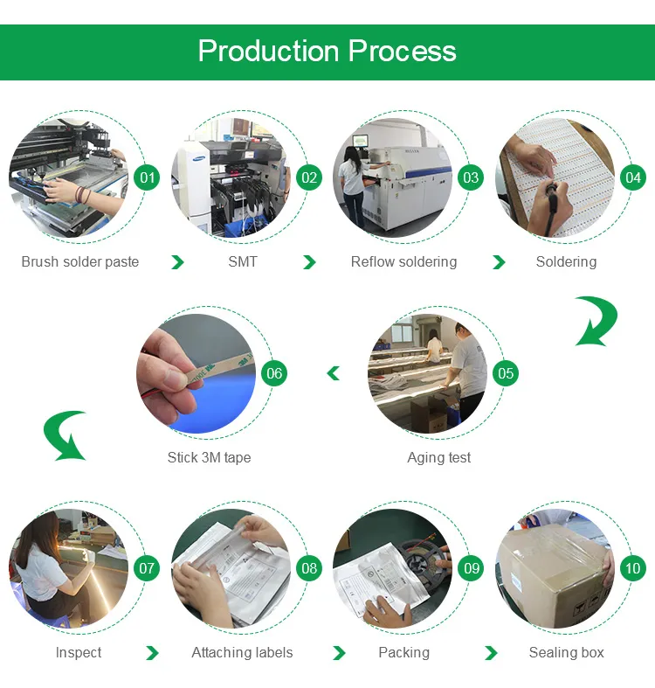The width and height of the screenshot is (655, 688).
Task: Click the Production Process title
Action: click(x=327, y=51)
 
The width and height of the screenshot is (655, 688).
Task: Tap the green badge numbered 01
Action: click(x=148, y=178)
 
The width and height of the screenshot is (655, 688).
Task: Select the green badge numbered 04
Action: click(x=632, y=178)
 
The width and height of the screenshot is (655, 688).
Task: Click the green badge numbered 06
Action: click(x=274, y=373)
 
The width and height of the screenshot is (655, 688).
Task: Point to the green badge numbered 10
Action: click(x=632, y=568)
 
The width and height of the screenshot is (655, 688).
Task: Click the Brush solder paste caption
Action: click(x=80, y=262)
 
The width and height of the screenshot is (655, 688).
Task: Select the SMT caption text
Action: click(x=243, y=262)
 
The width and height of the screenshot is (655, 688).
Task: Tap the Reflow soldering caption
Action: click(x=403, y=262)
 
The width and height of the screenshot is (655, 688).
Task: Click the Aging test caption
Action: click(x=438, y=457)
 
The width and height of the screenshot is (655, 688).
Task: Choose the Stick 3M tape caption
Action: click(x=209, y=457)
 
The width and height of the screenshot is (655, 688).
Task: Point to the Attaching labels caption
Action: click(x=242, y=652)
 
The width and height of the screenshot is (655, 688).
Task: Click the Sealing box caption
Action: click(x=566, y=652)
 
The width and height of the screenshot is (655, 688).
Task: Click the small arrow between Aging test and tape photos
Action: click(x=333, y=374)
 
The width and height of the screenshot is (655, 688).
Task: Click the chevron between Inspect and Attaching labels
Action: click(x=152, y=653)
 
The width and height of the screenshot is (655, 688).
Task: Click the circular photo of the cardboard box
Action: click(x=554, y=568)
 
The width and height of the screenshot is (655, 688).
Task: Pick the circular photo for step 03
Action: click(x=392, y=178)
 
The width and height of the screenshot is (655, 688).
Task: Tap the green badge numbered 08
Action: click(x=309, y=568)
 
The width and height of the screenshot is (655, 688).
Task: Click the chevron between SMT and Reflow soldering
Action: click(x=309, y=262)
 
